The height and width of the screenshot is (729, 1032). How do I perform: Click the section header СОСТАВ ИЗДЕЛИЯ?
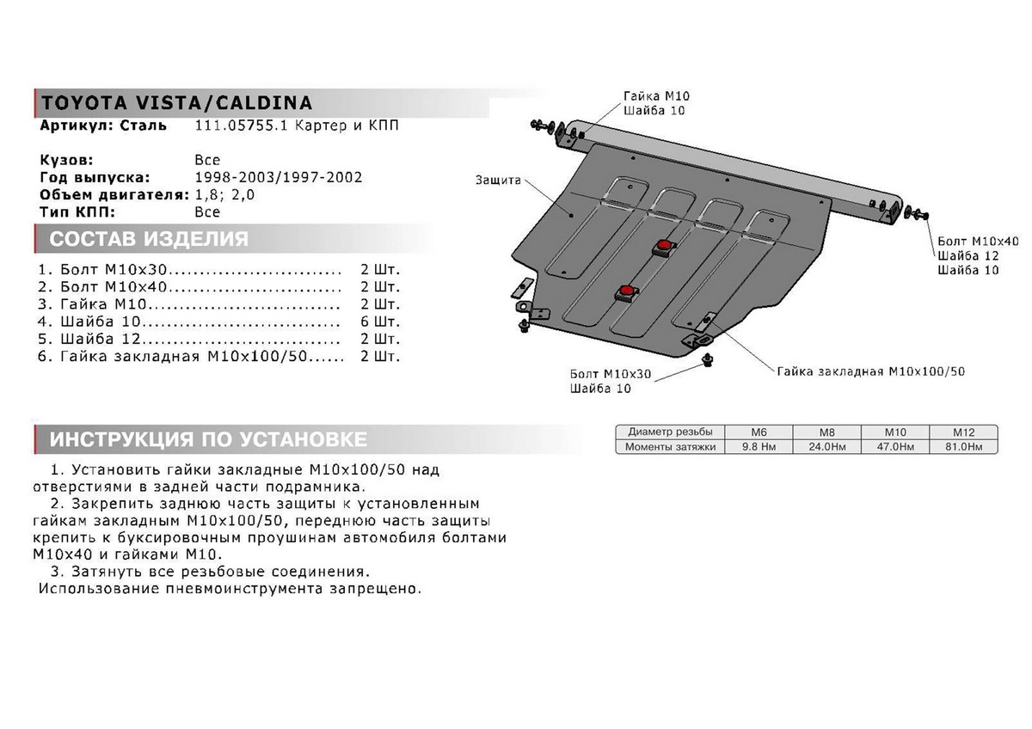[x=149, y=239]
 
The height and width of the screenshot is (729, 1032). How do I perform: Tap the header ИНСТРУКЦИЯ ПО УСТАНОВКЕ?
[x=208, y=440]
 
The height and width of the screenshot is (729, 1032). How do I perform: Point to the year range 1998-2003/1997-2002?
[x=279, y=177]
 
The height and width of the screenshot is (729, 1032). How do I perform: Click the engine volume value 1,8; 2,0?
[x=225, y=194]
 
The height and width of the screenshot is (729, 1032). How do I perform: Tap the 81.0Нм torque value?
[x=962, y=447]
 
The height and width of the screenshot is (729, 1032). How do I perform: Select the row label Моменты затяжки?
[x=670, y=447]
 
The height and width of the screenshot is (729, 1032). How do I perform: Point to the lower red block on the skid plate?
[x=625, y=293]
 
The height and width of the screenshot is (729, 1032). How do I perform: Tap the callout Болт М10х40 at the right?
[x=978, y=241]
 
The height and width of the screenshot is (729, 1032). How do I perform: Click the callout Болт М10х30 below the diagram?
[x=611, y=374]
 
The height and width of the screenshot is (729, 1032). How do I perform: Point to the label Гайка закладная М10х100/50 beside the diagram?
[x=870, y=371]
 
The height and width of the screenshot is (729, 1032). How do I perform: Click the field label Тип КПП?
[x=77, y=211]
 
